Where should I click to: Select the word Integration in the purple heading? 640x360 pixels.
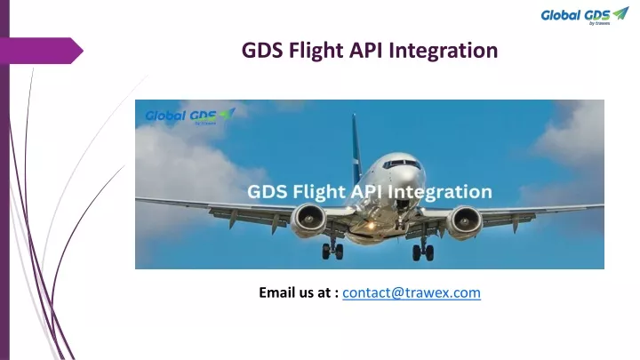click(444, 52)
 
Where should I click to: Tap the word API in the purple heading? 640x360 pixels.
click(366, 51)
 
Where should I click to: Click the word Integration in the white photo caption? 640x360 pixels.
click(440, 192)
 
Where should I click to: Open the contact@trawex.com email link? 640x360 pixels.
click(412, 292)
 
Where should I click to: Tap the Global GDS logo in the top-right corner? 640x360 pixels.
click(585, 16)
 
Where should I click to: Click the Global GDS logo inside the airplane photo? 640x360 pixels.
click(190, 116)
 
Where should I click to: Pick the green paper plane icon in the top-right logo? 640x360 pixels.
click(620, 13)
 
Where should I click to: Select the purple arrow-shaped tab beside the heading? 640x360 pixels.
click(42, 51)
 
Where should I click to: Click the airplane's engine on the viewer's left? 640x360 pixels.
click(308, 220)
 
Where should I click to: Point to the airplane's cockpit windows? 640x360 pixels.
click(402, 164)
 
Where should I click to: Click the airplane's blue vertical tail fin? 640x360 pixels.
click(356, 148)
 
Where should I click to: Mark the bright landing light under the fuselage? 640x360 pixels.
click(371, 225)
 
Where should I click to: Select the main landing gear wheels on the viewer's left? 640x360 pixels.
click(332, 251)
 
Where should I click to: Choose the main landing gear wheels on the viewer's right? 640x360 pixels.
click(423, 252)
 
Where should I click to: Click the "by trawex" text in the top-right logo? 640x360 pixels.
click(600, 23)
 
